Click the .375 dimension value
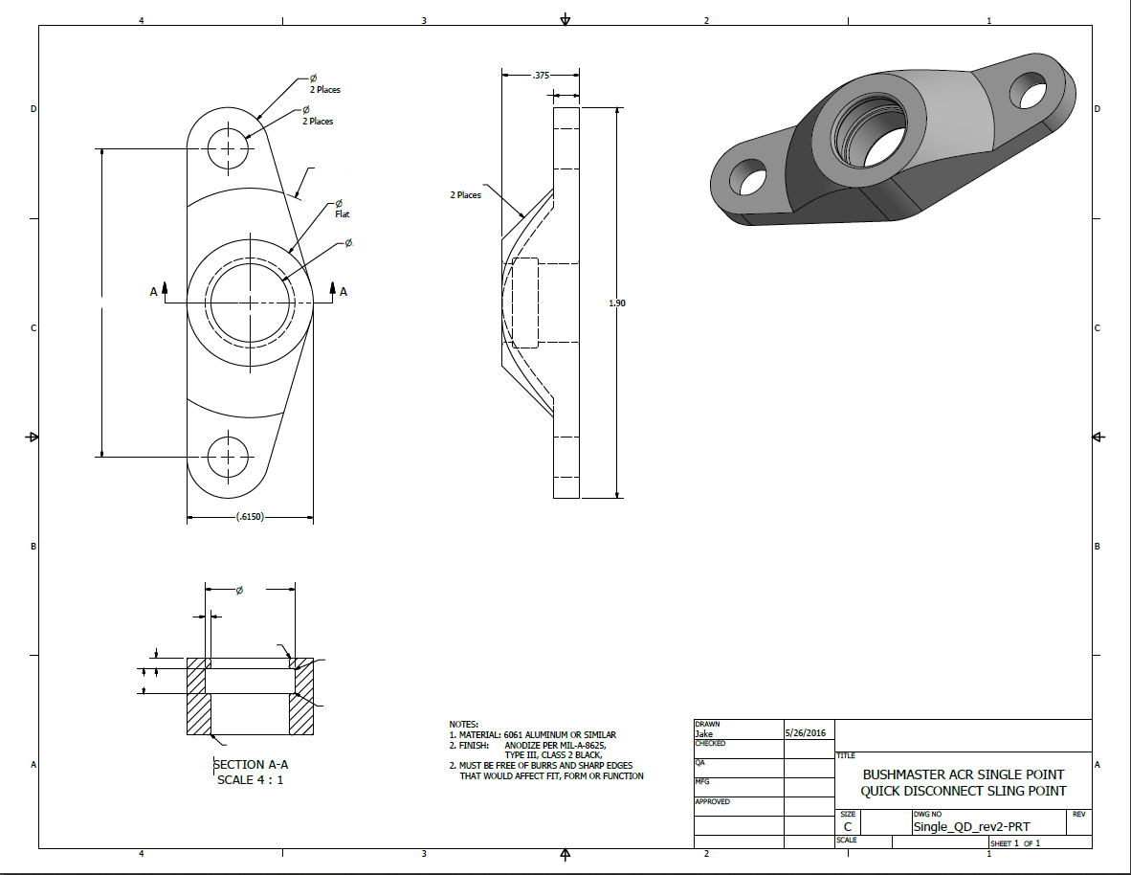click(x=542, y=75)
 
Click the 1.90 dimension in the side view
click(x=617, y=303)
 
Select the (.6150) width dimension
click(x=250, y=517)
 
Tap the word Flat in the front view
click(x=343, y=214)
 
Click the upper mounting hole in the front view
click(x=229, y=149)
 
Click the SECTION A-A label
click(x=251, y=764)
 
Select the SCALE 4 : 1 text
click(x=251, y=779)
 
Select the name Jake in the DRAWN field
click(x=704, y=734)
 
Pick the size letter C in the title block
click(x=848, y=826)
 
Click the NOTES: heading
click(x=463, y=725)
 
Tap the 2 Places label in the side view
click(x=466, y=195)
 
